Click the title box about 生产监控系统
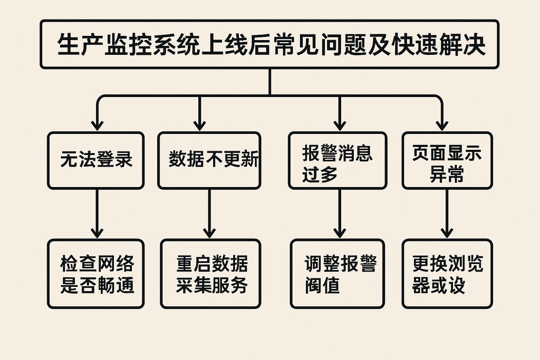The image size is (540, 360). [x=269, y=44]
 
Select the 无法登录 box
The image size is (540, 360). [x=95, y=160]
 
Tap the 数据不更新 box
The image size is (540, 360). [x=209, y=160]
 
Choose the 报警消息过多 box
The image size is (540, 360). [x=337, y=160]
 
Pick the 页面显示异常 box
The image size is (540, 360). [x=447, y=160]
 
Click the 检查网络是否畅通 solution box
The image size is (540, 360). [x=95, y=274]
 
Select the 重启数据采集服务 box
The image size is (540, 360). [x=210, y=274]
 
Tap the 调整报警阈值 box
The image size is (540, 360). [x=337, y=274]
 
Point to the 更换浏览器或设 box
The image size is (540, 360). [x=447, y=274]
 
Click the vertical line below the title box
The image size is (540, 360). [x=269, y=82]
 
